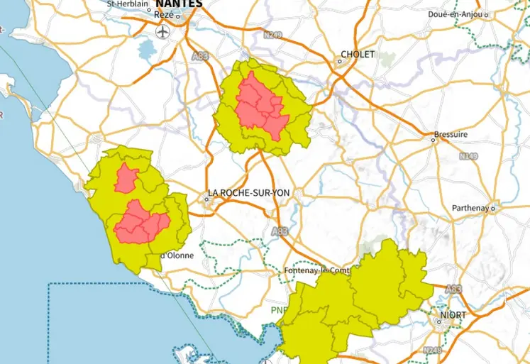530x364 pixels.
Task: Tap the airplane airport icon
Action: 164,32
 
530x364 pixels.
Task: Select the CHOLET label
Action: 358,54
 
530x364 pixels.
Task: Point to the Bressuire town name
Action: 453,134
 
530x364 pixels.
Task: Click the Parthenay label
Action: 470,208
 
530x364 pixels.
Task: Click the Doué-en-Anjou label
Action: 456,14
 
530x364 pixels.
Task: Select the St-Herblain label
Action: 127,4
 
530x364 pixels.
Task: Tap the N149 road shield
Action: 468,155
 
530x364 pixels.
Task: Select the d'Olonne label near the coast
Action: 177,255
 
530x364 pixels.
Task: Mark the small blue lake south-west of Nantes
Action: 147,50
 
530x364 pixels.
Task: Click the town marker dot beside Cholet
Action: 339,61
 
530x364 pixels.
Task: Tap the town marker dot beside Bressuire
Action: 433,140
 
